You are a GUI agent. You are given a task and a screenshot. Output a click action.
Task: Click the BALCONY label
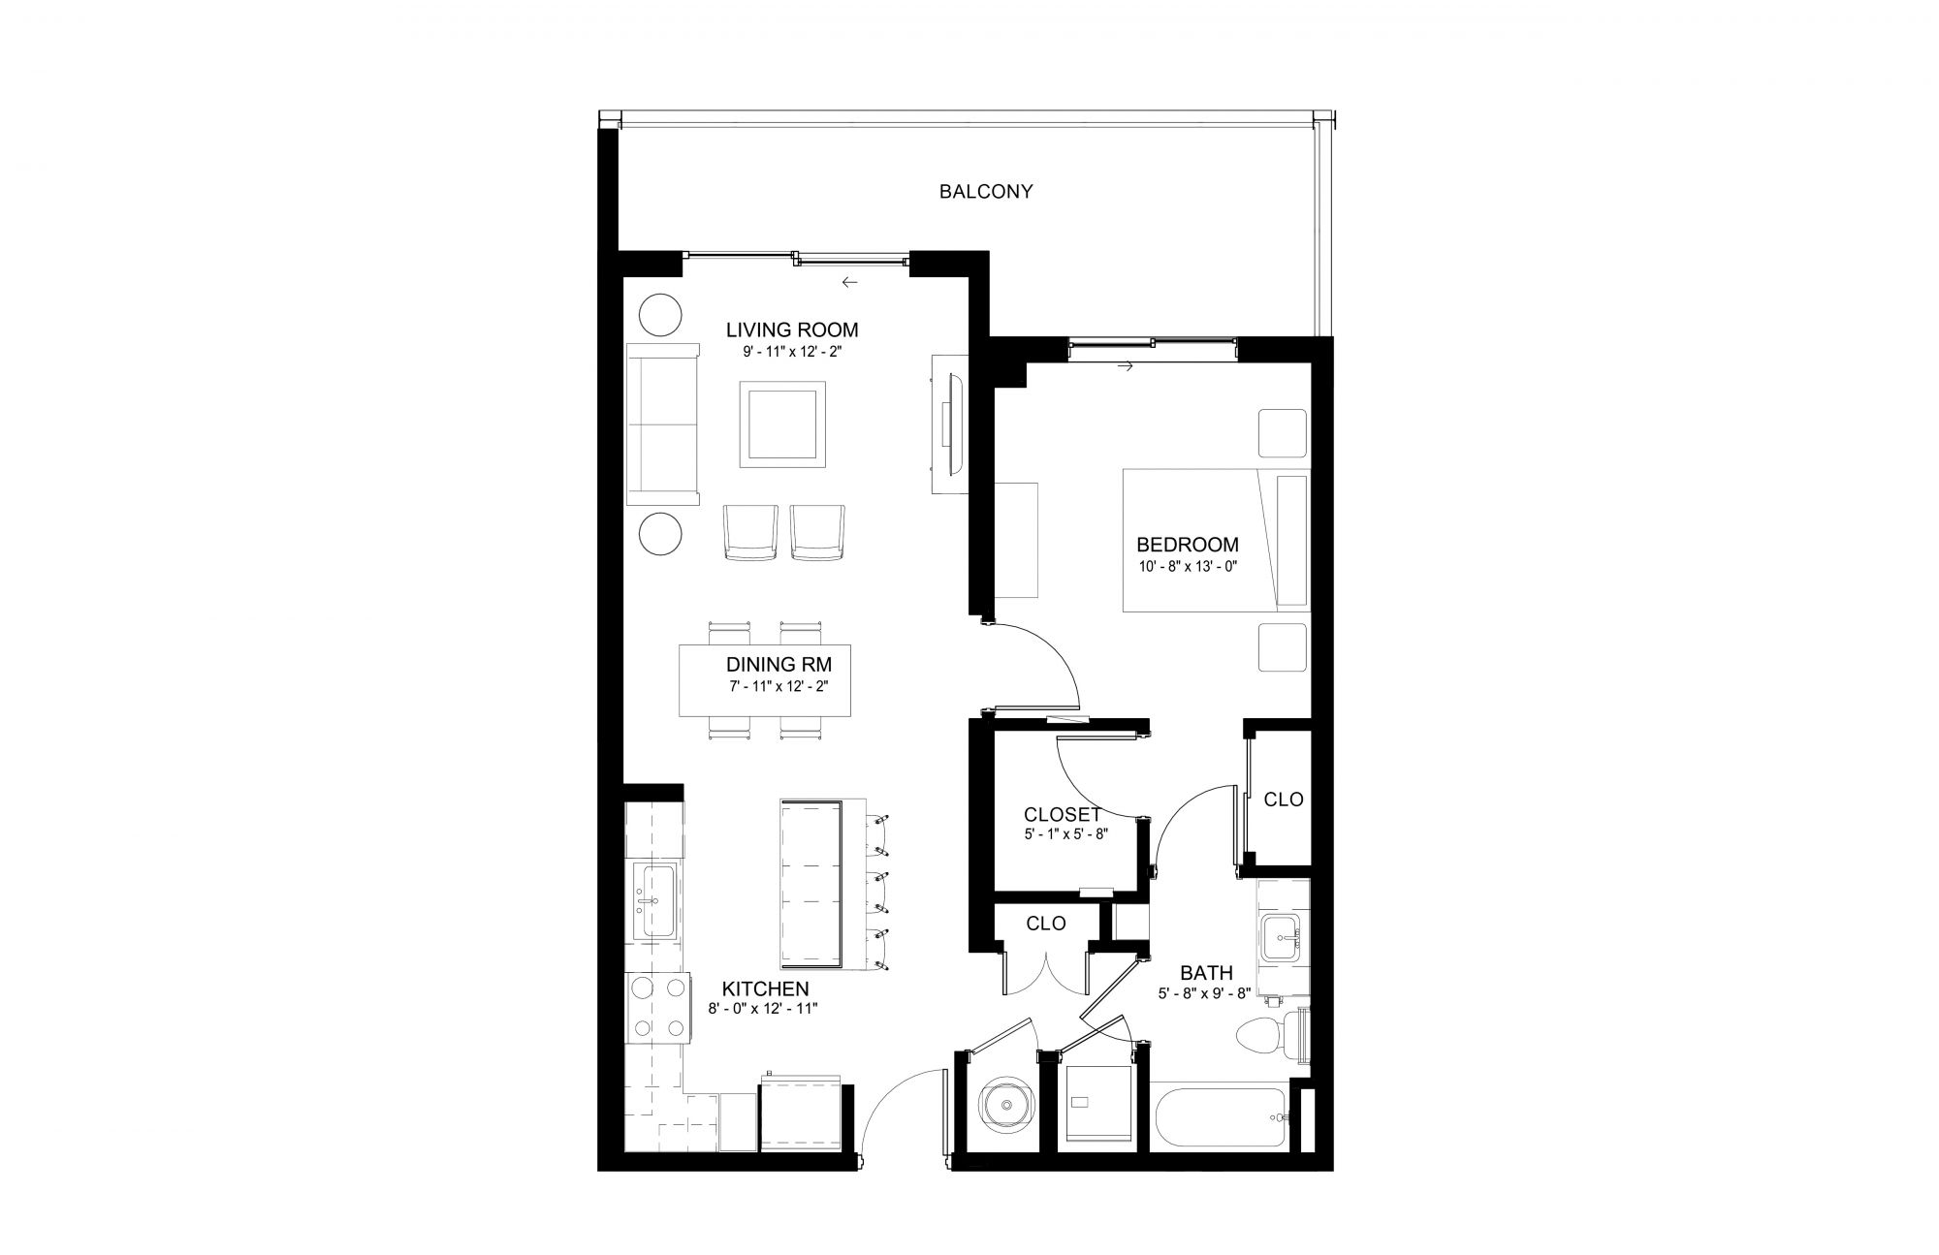[986, 192]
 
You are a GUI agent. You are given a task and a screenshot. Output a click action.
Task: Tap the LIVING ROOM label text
[792, 330]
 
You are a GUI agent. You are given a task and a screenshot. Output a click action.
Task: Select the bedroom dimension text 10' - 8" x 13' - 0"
[1188, 566]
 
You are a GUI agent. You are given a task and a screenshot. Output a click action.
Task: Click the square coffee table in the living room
[782, 423]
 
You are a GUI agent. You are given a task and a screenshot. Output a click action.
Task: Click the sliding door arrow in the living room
[850, 283]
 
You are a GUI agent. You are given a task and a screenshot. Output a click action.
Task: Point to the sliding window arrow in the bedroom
[1126, 367]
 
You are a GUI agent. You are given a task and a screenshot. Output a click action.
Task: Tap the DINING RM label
[779, 666]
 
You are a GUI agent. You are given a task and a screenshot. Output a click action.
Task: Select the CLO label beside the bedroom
[1284, 800]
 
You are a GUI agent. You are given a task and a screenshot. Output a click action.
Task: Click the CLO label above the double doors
[1046, 925]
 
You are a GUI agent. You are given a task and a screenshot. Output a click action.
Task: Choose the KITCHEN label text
[766, 989]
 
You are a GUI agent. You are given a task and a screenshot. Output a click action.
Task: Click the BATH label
[1206, 973]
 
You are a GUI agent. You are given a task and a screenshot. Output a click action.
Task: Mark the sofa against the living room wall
[663, 424]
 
